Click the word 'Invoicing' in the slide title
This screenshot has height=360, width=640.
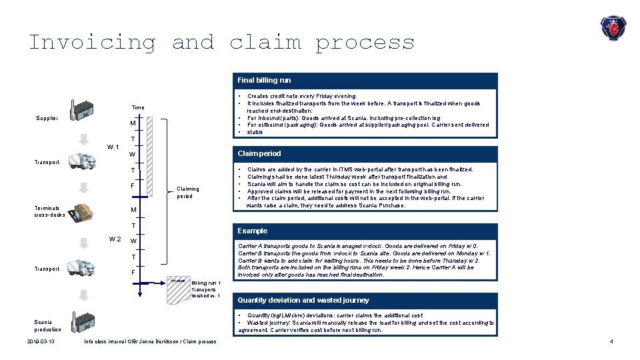tap(92, 43)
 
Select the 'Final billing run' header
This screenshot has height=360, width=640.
tap(265, 80)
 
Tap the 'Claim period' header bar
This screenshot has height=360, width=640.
tap(259, 153)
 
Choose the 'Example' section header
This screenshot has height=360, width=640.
tap(252, 231)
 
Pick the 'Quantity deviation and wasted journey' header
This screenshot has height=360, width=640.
tap(303, 300)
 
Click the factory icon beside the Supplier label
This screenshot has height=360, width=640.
tap(82, 112)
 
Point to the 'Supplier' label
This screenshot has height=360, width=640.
tap(47, 119)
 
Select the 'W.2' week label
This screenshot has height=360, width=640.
tap(115, 239)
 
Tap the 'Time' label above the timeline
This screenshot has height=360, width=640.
tap(137, 107)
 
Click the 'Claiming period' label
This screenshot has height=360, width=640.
tap(188, 193)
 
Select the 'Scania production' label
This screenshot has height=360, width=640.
tap(47, 325)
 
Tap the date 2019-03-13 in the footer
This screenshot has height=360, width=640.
tap(41, 342)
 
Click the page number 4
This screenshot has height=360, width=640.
tap(611, 342)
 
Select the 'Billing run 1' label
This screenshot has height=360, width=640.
tap(205, 283)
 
